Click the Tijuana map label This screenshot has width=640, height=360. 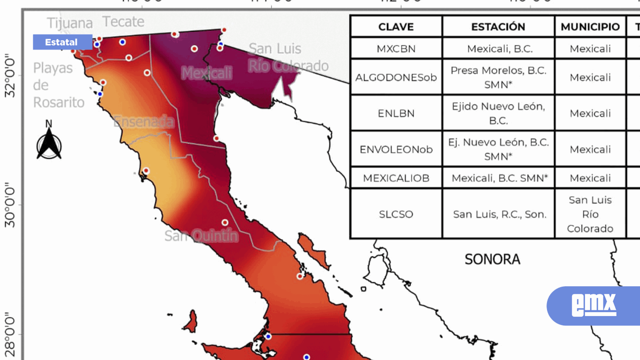coord(70,23)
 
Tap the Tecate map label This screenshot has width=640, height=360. coord(123,22)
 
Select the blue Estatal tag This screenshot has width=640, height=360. coord(62,43)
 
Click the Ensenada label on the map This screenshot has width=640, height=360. coord(143,122)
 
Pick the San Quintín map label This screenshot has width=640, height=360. coord(201,236)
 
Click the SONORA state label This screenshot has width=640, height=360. coord(492,259)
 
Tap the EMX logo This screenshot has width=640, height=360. coord(594,305)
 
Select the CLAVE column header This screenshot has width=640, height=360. coord(396,27)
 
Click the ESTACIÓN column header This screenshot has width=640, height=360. coord(498,27)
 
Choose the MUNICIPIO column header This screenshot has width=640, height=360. coord(590,27)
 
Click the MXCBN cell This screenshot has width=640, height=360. coord(396,49)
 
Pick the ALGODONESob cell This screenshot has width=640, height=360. coord(396,78)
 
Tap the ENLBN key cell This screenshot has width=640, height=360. coord(396,113)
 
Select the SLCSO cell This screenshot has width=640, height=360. coord(396,214)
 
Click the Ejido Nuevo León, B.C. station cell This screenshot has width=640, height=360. coord(498,113)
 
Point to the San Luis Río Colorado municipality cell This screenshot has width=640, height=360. coord(590,214)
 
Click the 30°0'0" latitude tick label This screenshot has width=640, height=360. coord(10,205)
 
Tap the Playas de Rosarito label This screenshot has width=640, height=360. coord(58,85)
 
